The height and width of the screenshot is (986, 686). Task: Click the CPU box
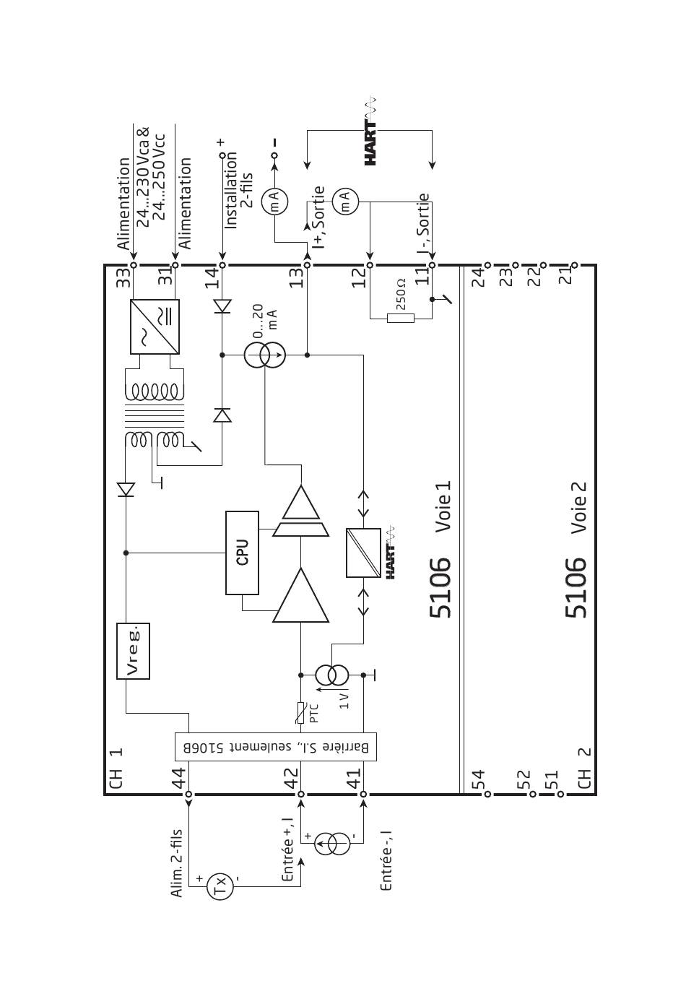[x=242, y=553]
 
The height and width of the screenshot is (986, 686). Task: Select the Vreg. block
[x=133, y=651]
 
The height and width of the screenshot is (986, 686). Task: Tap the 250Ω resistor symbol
[x=401, y=318]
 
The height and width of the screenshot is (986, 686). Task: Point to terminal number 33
[x=123, y=277]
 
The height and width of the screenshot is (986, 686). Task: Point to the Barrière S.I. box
[x=276, y=747]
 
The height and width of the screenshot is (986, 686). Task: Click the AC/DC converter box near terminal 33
[x=155, y=326]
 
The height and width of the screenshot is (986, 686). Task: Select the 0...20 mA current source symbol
[x=264, y=355]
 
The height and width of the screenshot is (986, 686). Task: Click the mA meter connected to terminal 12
[x=345, y=202]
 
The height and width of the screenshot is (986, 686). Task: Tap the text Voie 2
[x=578, y=508]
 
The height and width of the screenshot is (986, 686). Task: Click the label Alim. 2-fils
[x=176, y=863]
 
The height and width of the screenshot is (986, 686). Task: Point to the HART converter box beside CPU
[x=363, y=553]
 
